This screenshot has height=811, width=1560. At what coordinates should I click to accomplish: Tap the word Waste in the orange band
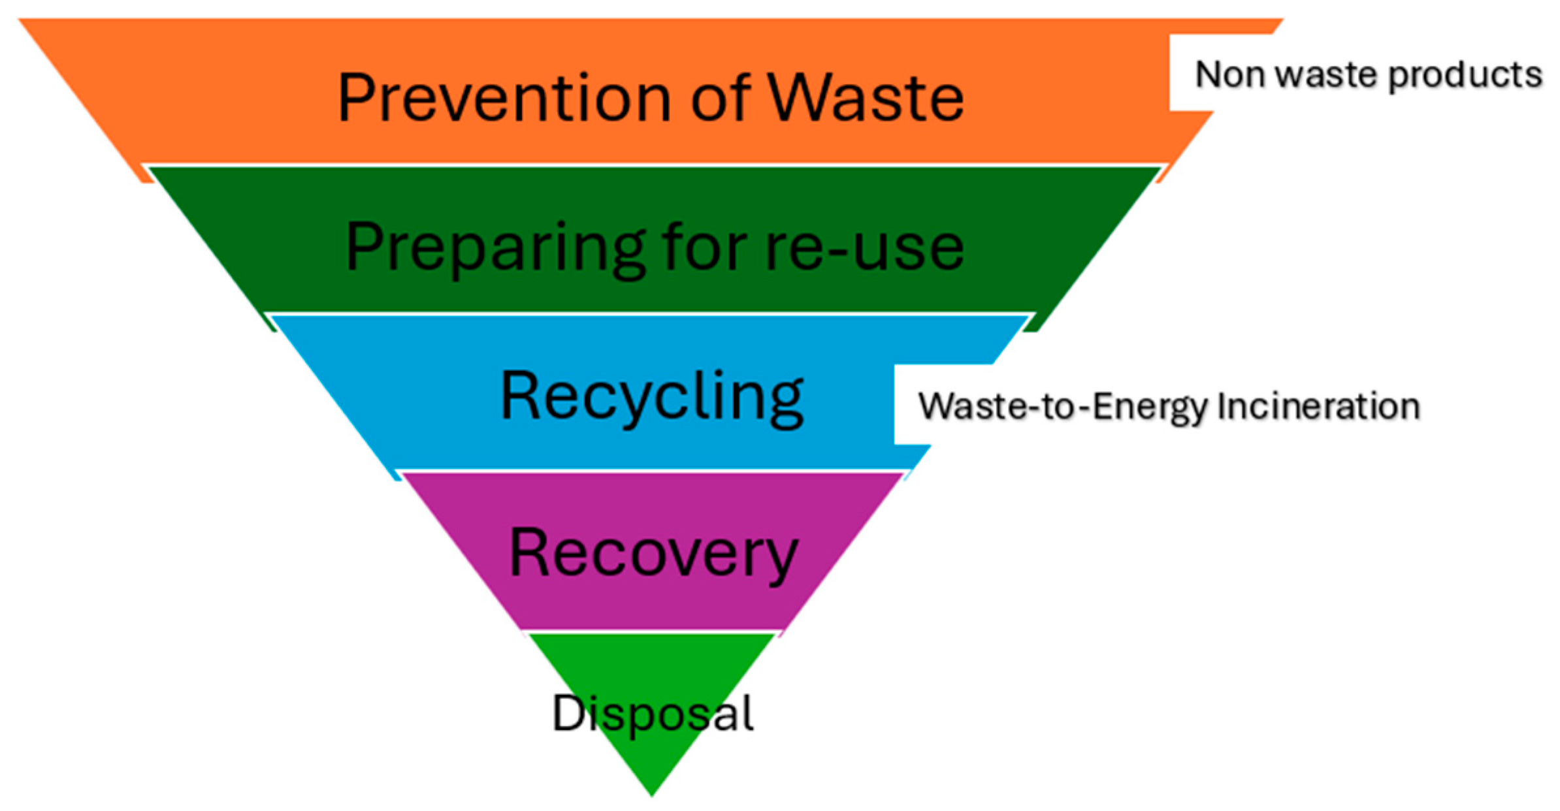(x=865, y=98)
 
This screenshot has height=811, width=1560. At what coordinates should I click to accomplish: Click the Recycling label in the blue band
(x=651, y=397)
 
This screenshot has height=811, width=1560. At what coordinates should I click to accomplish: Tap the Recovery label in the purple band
(x=653, y=554)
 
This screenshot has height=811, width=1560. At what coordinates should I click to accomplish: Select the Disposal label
(x=653, y=713)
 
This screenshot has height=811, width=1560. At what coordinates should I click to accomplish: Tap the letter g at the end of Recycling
(x=784, y=402)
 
